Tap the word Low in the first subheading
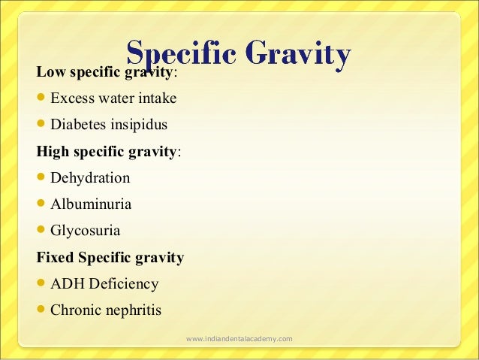[50, 71]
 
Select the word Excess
[73, 98]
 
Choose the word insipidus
[139, 124]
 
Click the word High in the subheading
[53, 151]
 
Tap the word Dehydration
[90, 178]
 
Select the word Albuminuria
[91, 204]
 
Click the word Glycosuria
[85, 231]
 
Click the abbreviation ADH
[65, 284]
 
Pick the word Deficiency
[122, 284]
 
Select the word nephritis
[134, 310]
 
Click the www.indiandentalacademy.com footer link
[239, 340]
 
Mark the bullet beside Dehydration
[42, 178]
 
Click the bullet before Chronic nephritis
[42, 310]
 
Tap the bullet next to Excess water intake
[42, 98]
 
